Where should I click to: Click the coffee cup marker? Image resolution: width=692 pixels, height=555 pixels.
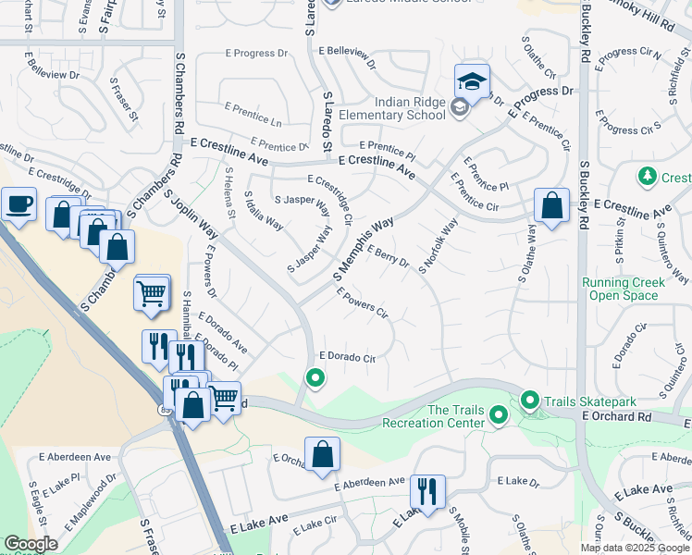[19, 204]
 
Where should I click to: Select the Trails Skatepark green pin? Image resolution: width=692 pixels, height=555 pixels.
[530, 401]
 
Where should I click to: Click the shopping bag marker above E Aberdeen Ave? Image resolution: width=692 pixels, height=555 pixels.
[322, 454]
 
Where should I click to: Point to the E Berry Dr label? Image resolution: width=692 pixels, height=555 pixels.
[388, 255]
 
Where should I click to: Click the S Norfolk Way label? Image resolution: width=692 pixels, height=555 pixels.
[439, 246]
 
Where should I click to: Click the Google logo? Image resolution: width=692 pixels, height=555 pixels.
[31, 544]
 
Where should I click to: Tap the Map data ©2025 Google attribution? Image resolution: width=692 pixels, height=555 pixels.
[634, 548]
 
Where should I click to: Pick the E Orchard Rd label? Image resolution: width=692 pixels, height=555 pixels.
[617, 418]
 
